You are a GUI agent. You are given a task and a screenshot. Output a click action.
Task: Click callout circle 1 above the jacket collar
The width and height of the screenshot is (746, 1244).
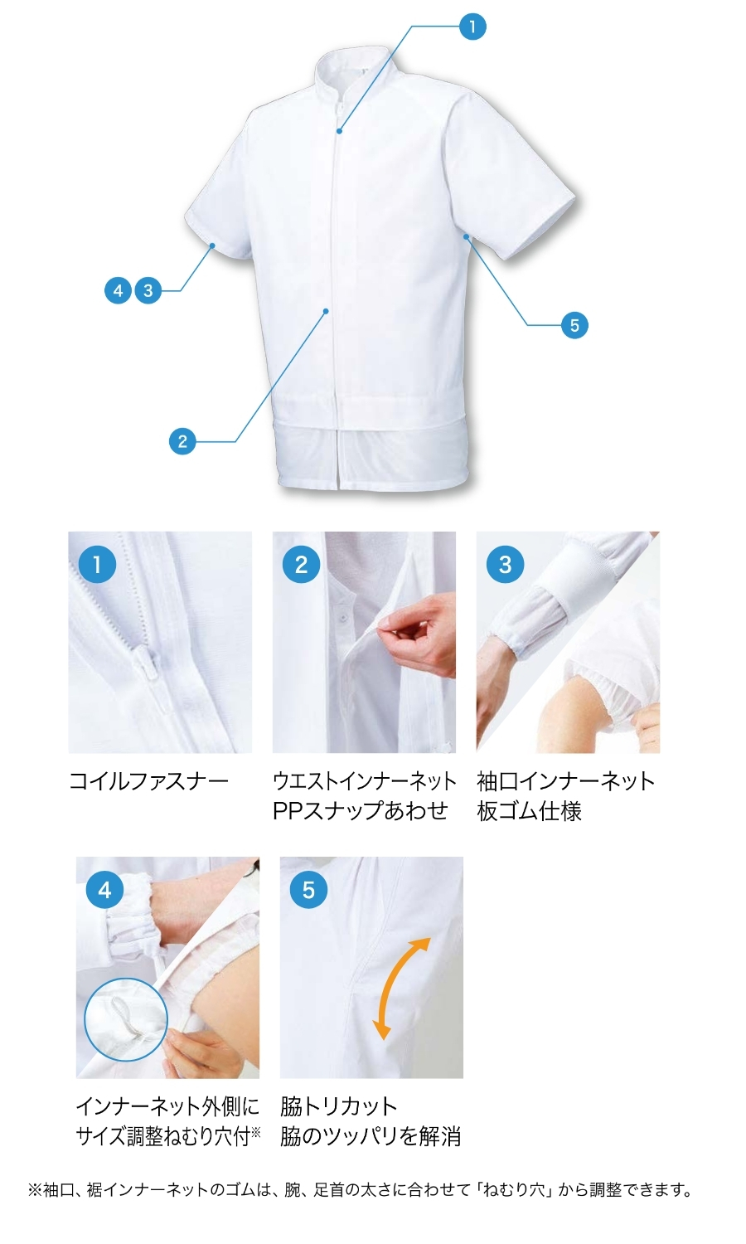472,27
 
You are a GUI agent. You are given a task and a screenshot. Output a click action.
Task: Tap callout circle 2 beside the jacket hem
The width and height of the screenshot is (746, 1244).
182,441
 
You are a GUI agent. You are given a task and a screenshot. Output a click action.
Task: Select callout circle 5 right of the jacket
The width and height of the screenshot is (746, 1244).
574,325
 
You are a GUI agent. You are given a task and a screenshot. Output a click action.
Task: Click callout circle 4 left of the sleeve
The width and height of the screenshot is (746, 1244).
119,290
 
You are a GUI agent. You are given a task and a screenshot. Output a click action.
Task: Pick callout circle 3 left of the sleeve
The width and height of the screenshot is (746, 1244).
148,290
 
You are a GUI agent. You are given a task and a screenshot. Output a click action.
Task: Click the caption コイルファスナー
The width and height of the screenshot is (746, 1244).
148,782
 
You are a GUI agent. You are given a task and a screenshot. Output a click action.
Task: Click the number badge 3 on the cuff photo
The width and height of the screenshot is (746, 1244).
505,564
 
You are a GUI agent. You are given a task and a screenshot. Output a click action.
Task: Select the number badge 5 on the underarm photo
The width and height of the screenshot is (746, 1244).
308,890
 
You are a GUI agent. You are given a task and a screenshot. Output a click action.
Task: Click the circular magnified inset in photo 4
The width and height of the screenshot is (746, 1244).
126,1019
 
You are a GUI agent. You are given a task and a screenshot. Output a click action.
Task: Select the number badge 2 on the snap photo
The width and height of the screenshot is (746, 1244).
301,564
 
